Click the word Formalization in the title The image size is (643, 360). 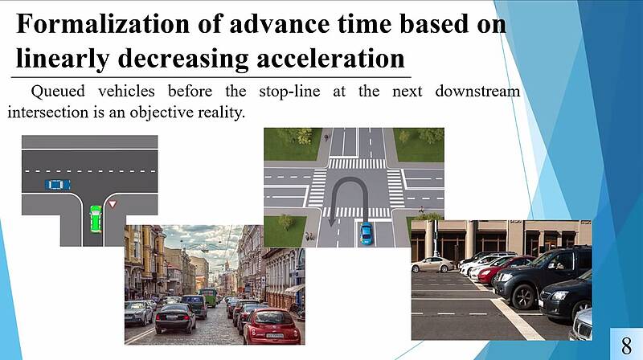103,24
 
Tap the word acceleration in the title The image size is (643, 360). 330,58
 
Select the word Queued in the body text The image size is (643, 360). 58,92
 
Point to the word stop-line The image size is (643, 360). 289,92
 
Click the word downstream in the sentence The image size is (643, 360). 477,91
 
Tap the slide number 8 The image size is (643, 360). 626,346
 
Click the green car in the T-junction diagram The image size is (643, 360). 96,219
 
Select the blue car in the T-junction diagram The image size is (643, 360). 58,185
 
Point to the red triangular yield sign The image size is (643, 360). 113,203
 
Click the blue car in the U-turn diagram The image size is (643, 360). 367,234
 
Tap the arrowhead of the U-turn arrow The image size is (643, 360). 332,222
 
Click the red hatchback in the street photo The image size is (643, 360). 272,326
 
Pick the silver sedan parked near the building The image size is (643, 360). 433,265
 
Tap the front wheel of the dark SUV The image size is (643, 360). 523,296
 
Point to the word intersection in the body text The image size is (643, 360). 47,112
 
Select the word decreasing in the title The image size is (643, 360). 183,59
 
